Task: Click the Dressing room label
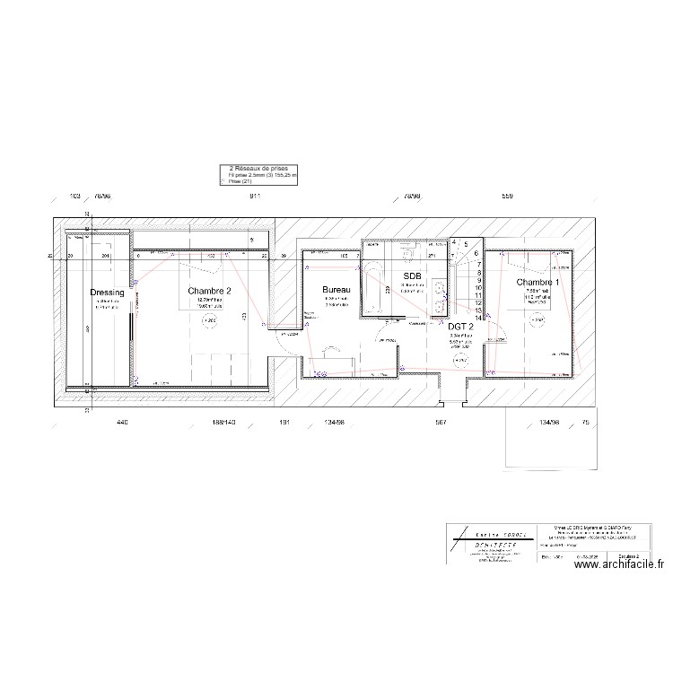click(108, 293)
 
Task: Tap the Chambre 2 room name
click(210, 291)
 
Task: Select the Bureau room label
click(336, 291)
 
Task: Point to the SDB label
click(412, 275)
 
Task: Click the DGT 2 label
click(460, 327)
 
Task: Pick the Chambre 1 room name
click(538, 283)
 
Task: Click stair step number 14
click(480, 317)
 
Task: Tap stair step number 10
click(480, 287)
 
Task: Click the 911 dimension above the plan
click(255, 196)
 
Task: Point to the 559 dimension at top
click(507, 196)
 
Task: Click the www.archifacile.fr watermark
click(611, 564)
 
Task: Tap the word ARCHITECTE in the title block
click(487, 545)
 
